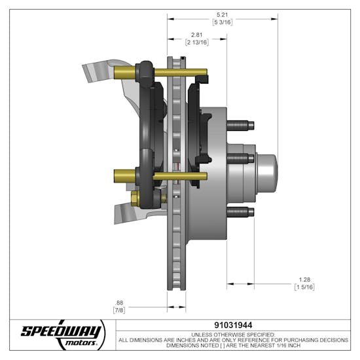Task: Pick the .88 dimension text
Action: [118, 302]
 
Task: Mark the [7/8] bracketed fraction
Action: [118, 310]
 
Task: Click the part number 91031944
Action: [233, 324]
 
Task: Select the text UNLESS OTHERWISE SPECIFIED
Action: [233, 333]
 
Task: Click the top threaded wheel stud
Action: [239, 125]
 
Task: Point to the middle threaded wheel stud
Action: [240, 158]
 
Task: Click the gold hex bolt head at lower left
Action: [135, 198]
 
